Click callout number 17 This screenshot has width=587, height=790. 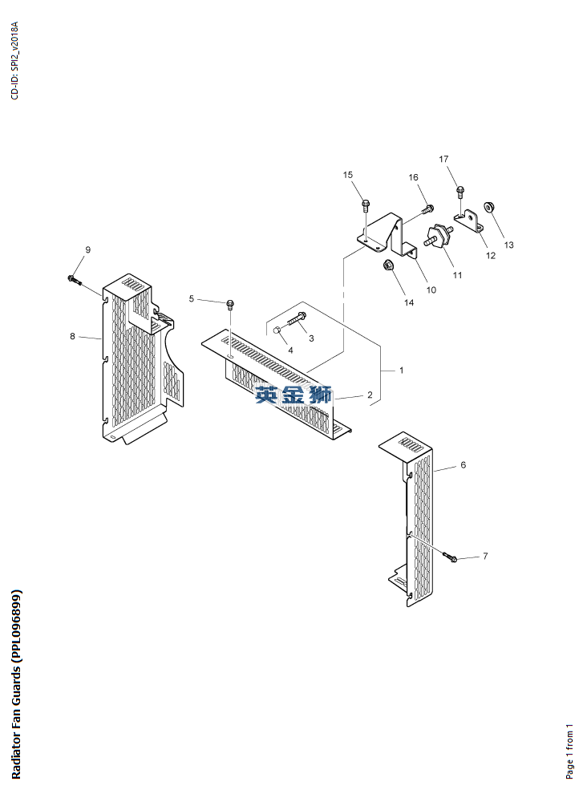(x=443, y=160)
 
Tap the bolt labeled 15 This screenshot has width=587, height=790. (x=365, y=205)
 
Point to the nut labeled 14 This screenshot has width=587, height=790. (x=387, y=264)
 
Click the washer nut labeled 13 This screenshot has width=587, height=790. (x=488, y=207)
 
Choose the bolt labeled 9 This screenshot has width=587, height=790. (x=74, y=279)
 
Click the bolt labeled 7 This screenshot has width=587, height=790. (x=450, y=557)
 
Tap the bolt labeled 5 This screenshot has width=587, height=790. (x=230, y=304)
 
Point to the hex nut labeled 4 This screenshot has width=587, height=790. (x=277, y=330)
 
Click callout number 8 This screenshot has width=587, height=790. (x=72, y=336)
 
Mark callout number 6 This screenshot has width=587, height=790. (x=463, y=465)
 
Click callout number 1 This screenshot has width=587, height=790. (x=402, y=371)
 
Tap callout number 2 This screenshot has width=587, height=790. (x=370, y=395)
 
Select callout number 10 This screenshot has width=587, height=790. (x=431, y=290)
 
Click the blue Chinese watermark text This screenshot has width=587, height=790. (x=293, y=395)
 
